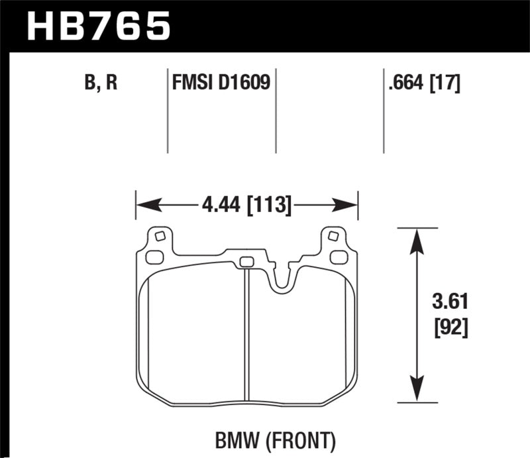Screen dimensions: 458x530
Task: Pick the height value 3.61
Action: coord(452,303)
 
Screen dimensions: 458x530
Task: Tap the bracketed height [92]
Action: coord(452,328)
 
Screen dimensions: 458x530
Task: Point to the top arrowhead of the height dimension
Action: coord(415,239)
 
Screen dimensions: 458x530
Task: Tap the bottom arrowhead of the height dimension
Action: coord(415,392)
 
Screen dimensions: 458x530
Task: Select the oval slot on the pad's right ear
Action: coord(338,257)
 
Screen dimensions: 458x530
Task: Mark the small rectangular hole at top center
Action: coord(246,260)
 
